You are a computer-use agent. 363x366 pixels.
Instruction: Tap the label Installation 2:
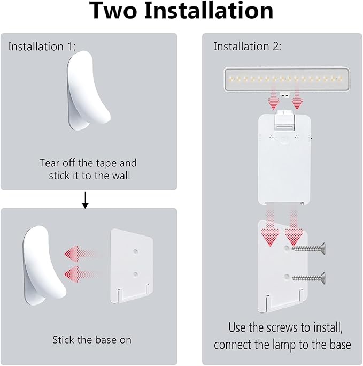[x=248, y=47]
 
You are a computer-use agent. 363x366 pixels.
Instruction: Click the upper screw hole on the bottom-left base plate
[x=135, y=250]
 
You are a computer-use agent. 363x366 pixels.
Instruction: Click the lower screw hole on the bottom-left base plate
[x=135, y=274]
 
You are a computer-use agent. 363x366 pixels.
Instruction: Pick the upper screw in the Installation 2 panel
[x=308, y=248]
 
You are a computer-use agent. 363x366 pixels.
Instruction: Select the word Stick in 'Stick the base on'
[x=63, y=339]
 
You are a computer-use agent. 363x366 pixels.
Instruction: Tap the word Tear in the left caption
[x=49, y=163]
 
